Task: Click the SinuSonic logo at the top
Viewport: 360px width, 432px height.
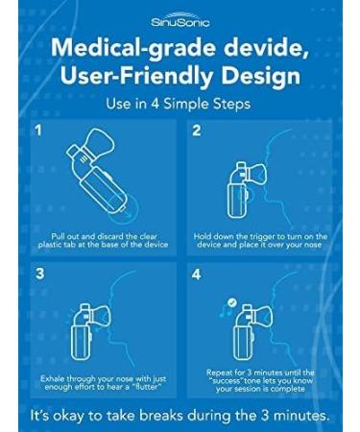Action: click(180, 19)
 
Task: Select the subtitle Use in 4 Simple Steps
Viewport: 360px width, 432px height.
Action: click(179, 104)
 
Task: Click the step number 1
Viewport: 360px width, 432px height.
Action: click(38, 131)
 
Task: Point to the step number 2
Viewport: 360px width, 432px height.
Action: click(196, 131)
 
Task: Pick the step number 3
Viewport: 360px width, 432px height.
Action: click(39, 274)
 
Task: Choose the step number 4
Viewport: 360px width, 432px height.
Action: click(197, 274)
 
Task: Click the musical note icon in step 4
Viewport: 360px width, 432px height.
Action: click(224, 311)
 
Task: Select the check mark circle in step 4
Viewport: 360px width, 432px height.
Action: click(231, 302)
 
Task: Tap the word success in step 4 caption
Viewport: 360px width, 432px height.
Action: click(226, 381)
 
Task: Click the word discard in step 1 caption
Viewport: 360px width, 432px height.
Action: click(109, 236)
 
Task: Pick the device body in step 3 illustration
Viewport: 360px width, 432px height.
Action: click(81, 342)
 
